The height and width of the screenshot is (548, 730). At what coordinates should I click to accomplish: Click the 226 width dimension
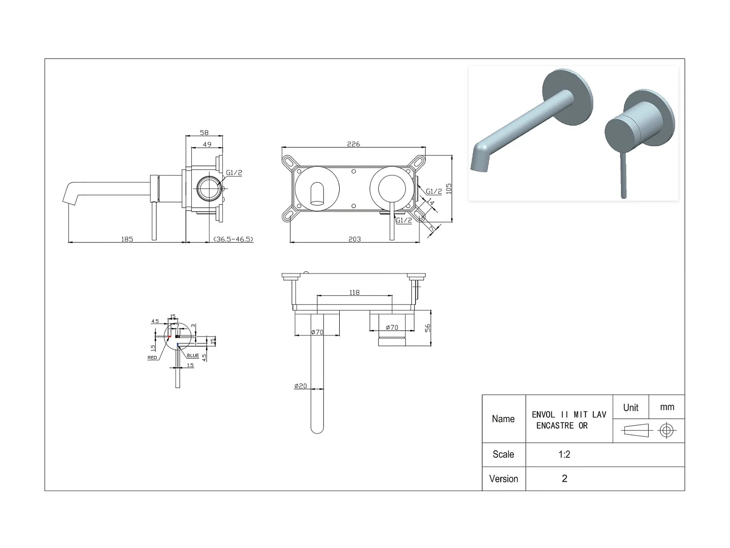click(353, 144)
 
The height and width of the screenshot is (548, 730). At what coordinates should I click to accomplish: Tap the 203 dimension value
click(354, 239)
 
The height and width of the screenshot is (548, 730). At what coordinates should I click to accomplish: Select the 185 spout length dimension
click(127, 239)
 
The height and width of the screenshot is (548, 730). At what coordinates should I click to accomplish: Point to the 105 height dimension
click(449, 189)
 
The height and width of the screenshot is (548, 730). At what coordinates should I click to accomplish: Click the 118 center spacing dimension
click(354, 292)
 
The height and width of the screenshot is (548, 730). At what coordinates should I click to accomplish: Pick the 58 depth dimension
click(204, 132)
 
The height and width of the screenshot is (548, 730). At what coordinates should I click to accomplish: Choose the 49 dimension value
click(207, 144)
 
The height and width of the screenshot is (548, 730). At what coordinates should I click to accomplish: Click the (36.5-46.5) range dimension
click(233, 239)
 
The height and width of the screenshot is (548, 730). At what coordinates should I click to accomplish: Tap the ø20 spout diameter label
click(301, 386)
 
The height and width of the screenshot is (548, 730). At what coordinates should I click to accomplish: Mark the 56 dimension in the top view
click(428, 328)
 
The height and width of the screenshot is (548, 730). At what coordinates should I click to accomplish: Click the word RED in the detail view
click(152, 358)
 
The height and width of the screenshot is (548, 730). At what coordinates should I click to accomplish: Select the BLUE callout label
click(193, 356)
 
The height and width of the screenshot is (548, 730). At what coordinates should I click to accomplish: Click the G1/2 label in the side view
click(234, 172)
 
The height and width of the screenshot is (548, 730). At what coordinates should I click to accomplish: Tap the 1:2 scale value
click(564, 454)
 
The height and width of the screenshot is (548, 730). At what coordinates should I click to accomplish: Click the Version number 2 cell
click(565, 478)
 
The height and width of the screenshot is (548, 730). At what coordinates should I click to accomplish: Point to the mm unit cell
click(667, 407)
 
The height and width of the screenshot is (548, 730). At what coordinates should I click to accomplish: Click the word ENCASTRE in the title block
click(555, 426)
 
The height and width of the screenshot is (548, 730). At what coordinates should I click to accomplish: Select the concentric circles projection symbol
click(666, 431)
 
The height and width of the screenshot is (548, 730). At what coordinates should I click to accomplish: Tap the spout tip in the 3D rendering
click(478, 163)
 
